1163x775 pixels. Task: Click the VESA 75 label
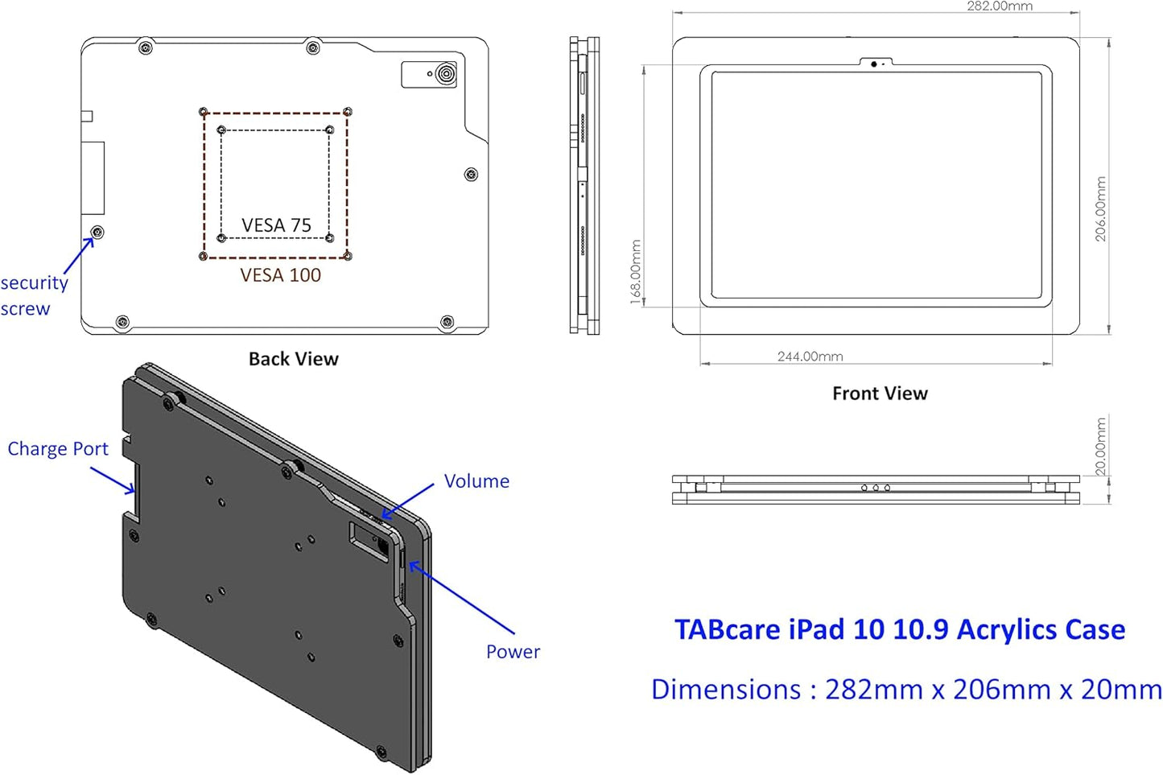(276, 225)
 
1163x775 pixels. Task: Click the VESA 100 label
(280, 275)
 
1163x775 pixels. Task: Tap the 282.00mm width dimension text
(1000, 6)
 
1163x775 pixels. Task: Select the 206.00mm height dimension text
(1101, 209)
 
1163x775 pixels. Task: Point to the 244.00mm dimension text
(810, 357)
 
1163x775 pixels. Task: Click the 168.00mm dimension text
(636, 272)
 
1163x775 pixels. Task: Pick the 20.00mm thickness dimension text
(1101, 447)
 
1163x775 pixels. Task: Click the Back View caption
(293, 359)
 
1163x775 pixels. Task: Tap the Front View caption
(880, 394)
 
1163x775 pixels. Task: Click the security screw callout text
(34, 295)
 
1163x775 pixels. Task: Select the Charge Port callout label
(57, 449)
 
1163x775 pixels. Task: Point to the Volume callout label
(476, 481)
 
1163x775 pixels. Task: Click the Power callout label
(513, 652)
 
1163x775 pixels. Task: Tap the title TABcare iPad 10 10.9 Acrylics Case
(899, 629)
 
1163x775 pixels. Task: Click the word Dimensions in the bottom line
(725, 690)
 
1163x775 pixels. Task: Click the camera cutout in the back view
(430, 75)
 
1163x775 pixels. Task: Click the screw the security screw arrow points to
(97, 233)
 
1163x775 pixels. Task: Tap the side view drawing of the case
(584, 185)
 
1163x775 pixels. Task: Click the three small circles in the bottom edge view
(875, 488)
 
